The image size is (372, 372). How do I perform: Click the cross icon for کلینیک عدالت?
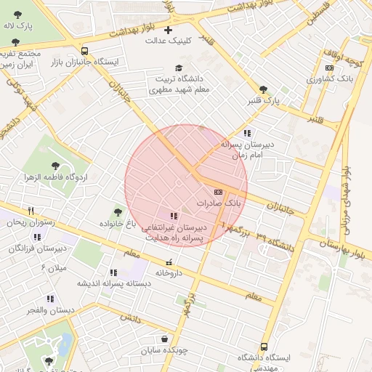click(169, 30)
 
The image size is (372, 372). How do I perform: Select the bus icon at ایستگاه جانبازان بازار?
click(85, 51)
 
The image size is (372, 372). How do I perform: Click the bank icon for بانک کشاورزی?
click(328, 68)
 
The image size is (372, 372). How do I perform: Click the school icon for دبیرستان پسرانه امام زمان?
click(247, 133)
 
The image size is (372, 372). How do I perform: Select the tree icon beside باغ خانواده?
click(118, 212)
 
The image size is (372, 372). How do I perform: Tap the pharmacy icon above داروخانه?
click(169, 262)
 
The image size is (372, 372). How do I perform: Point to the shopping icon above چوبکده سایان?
click(166, 339)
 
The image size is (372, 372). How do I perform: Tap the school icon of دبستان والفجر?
click(50, 298)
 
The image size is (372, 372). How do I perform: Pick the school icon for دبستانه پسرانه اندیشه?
click(112, 272)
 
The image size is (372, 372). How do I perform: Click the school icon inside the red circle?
click(173, 216)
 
